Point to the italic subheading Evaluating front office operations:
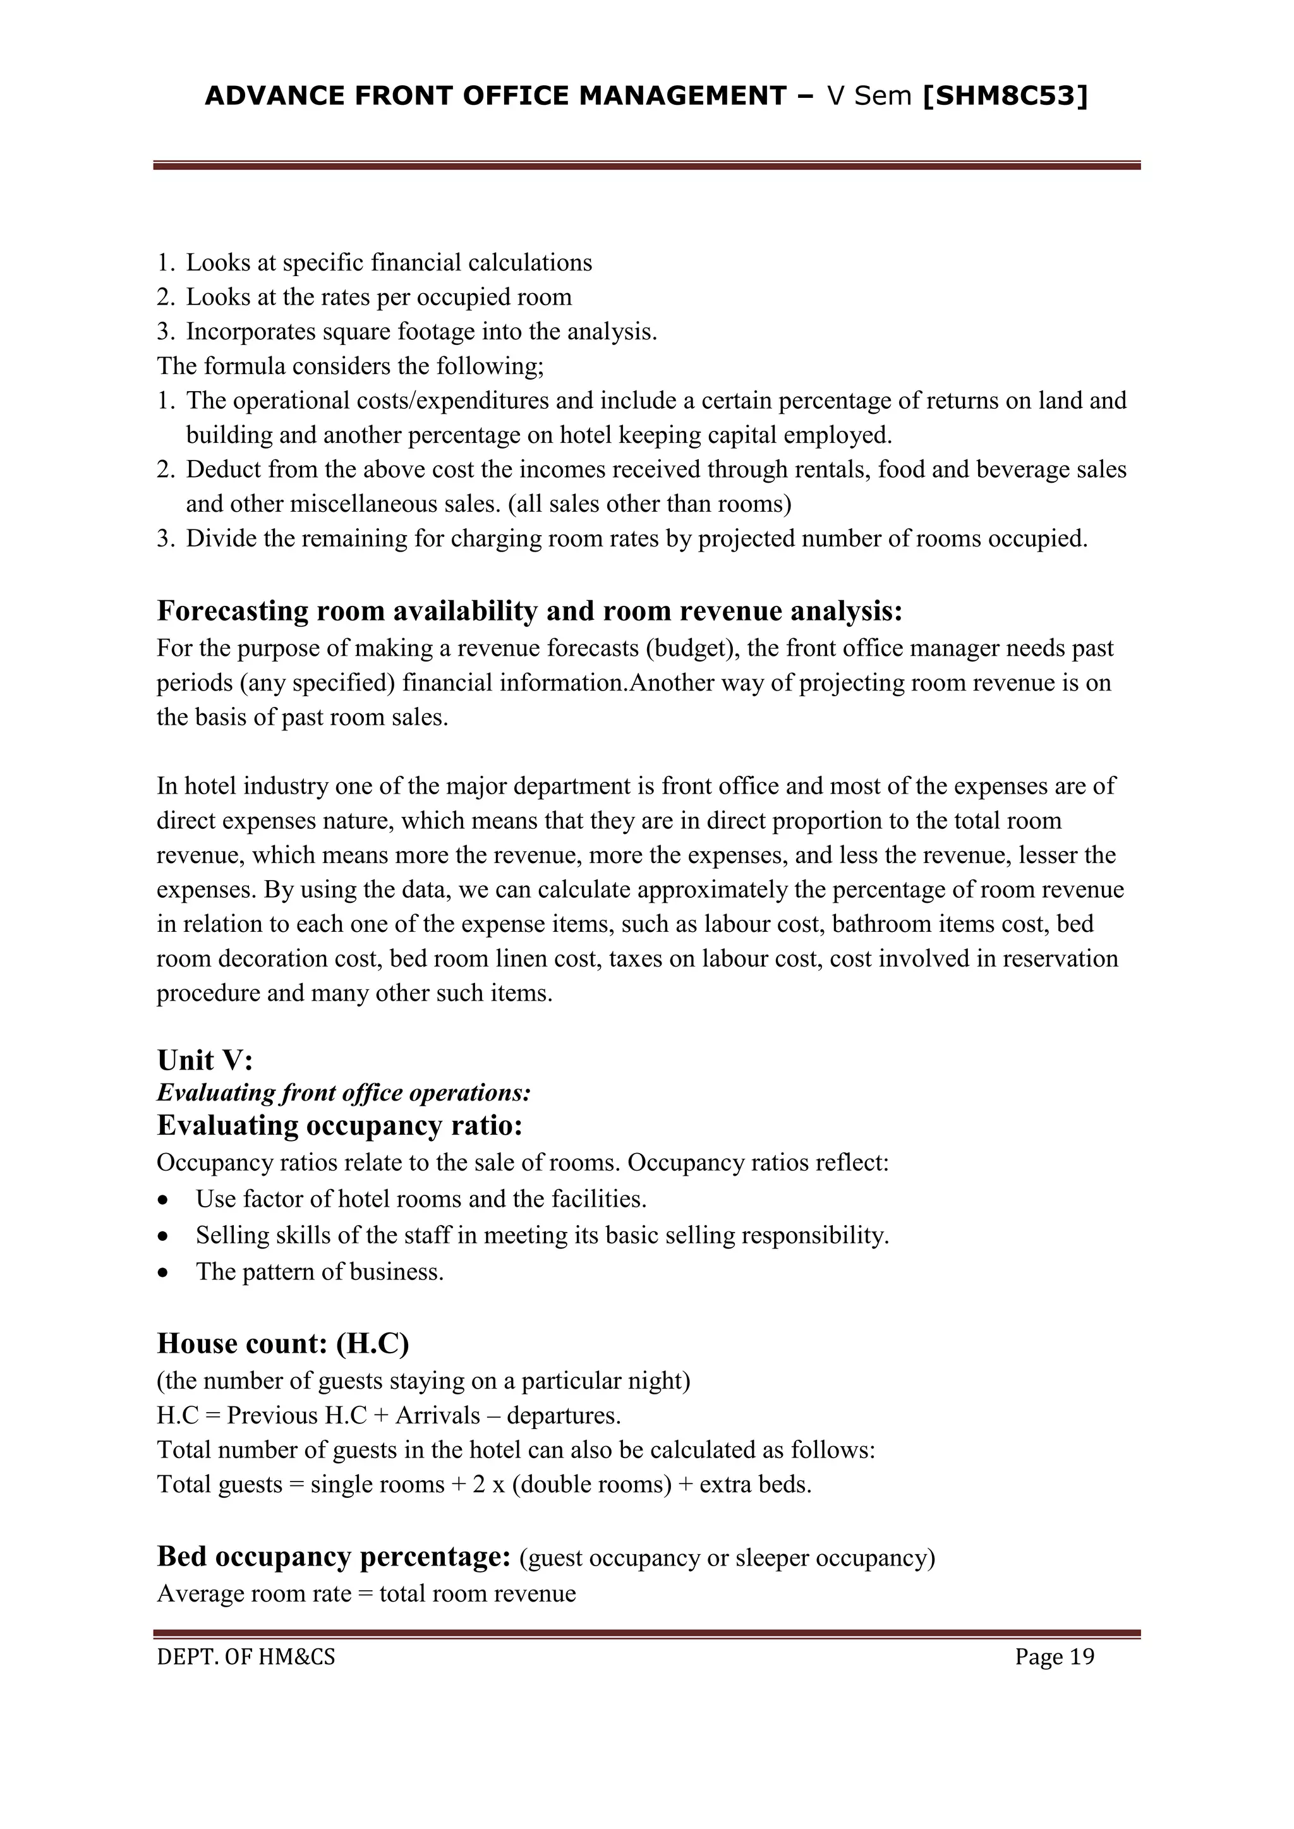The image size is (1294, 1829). coord(344,1092)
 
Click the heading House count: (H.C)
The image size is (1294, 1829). coord(283,1343)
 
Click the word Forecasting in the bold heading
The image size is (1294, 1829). coord(232,611)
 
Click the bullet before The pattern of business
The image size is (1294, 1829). coord(164,1273)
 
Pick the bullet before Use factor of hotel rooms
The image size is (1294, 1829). coord(164,1200)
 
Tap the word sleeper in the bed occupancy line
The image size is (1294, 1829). coord(778,1557)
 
